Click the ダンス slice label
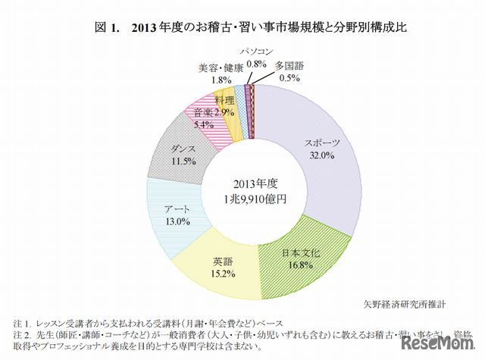tap(184, 149)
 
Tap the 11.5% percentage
tap(184, 161)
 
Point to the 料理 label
tap(224, 100)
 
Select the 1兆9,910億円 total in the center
tap(255, 199)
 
